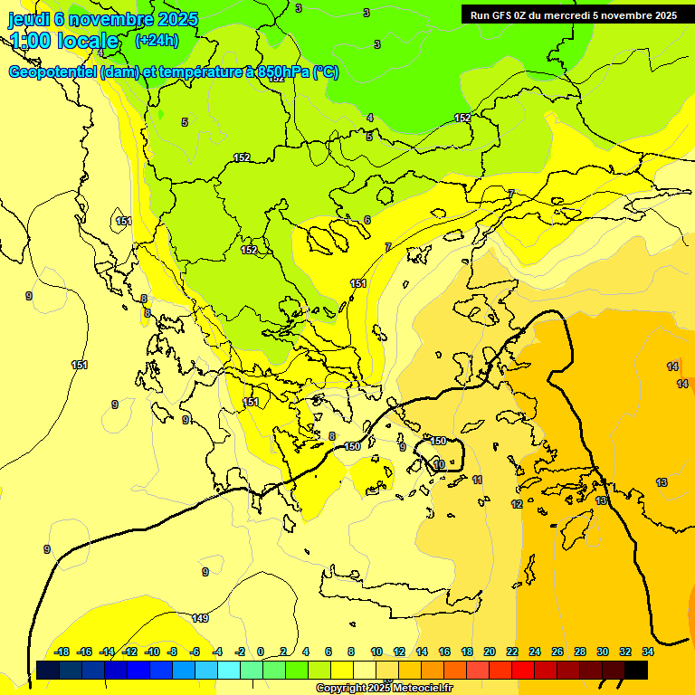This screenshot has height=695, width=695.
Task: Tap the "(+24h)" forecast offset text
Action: click(157, 41)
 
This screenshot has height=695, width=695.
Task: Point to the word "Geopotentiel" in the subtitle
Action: click(52, 72)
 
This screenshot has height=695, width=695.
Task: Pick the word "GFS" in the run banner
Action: click(503, 15)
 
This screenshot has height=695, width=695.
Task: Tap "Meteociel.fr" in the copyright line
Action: click(415, 688)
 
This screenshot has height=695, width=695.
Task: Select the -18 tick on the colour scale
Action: click(62, 652)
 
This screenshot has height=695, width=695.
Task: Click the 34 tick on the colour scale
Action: click(648, 652)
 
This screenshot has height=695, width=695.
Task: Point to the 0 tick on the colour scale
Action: click(261, 652)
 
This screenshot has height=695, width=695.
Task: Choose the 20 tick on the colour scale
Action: click(490, 652)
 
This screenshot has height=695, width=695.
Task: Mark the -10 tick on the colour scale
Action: click(152, 652)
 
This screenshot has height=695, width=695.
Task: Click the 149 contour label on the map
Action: click(200, 618)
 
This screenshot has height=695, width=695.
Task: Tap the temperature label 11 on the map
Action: click(477, 480)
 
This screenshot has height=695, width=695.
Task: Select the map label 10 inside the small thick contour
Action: click(439, 464)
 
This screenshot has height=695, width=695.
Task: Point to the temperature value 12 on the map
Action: click(517, 504)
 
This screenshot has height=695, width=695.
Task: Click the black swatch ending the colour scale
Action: click(636, 670)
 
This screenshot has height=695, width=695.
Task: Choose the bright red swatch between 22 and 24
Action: click(523, 670)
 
